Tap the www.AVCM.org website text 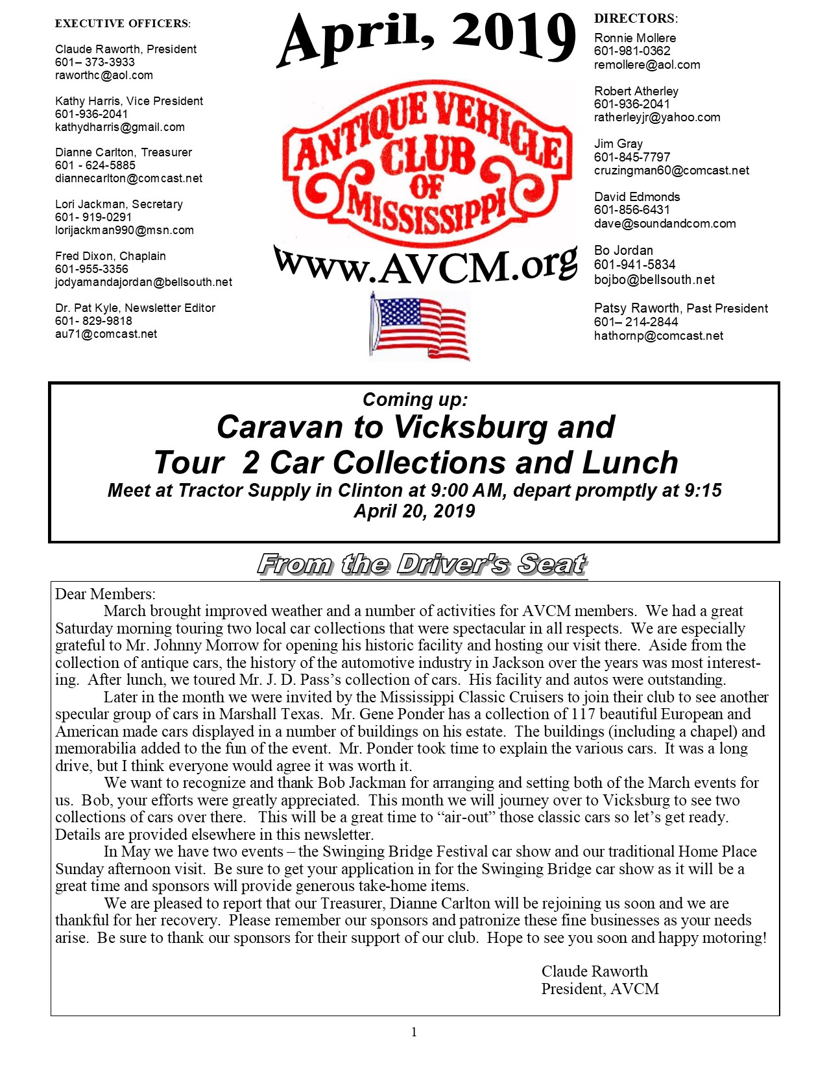click(x=425, y=265)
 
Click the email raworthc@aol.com click(x=104, y=75)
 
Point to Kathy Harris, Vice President click(x=129, y=101)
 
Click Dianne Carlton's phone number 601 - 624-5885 click(x=95, y=165)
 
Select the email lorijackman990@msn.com click(x=125, y=230)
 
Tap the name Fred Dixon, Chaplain click(x=110, y=256)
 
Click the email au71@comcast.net click(x=106, y=334)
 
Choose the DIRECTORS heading click(x=636, y=19)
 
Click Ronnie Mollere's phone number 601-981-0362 click(x=632, y=51)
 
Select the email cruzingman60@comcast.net click(x=671, y=171)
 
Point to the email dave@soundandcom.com click(x=665, y=224)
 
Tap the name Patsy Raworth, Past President click(x=681, y=309)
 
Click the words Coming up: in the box click(x=414, y=399)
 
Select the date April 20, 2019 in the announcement click(x=414, y=511)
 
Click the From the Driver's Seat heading click(x=422, y=564)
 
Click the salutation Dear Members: click(x=105, y=594)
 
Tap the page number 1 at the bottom click(x=414, y=1032)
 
